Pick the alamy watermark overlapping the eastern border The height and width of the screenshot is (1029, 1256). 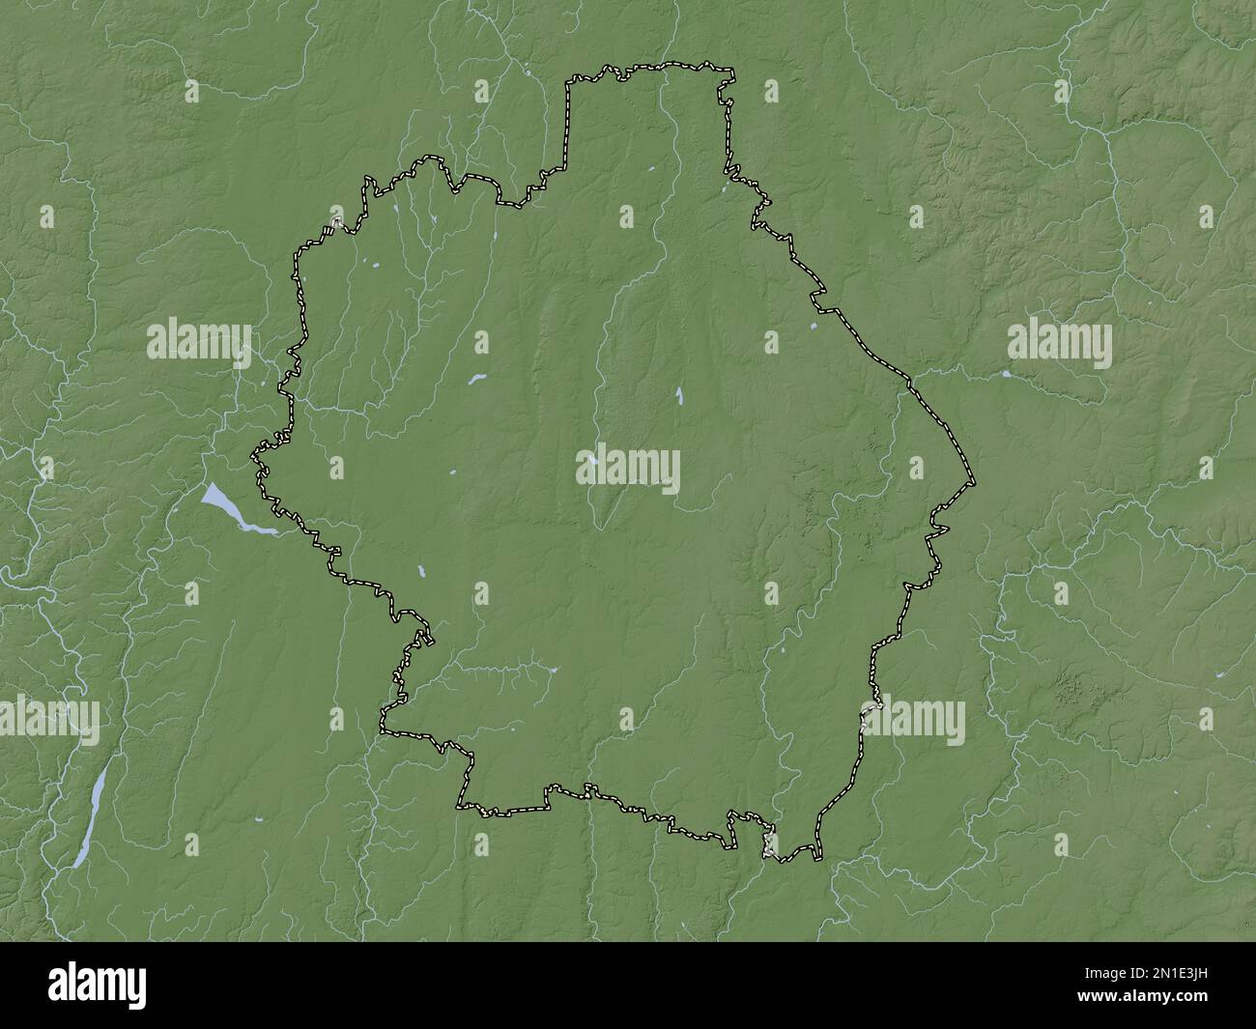(x=914, y=721)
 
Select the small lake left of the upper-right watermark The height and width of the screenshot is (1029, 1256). (x=1006, y=373)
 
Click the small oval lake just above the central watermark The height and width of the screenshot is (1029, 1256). (x=680, y=394)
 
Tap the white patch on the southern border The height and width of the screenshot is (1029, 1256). (x=770, y=850)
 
